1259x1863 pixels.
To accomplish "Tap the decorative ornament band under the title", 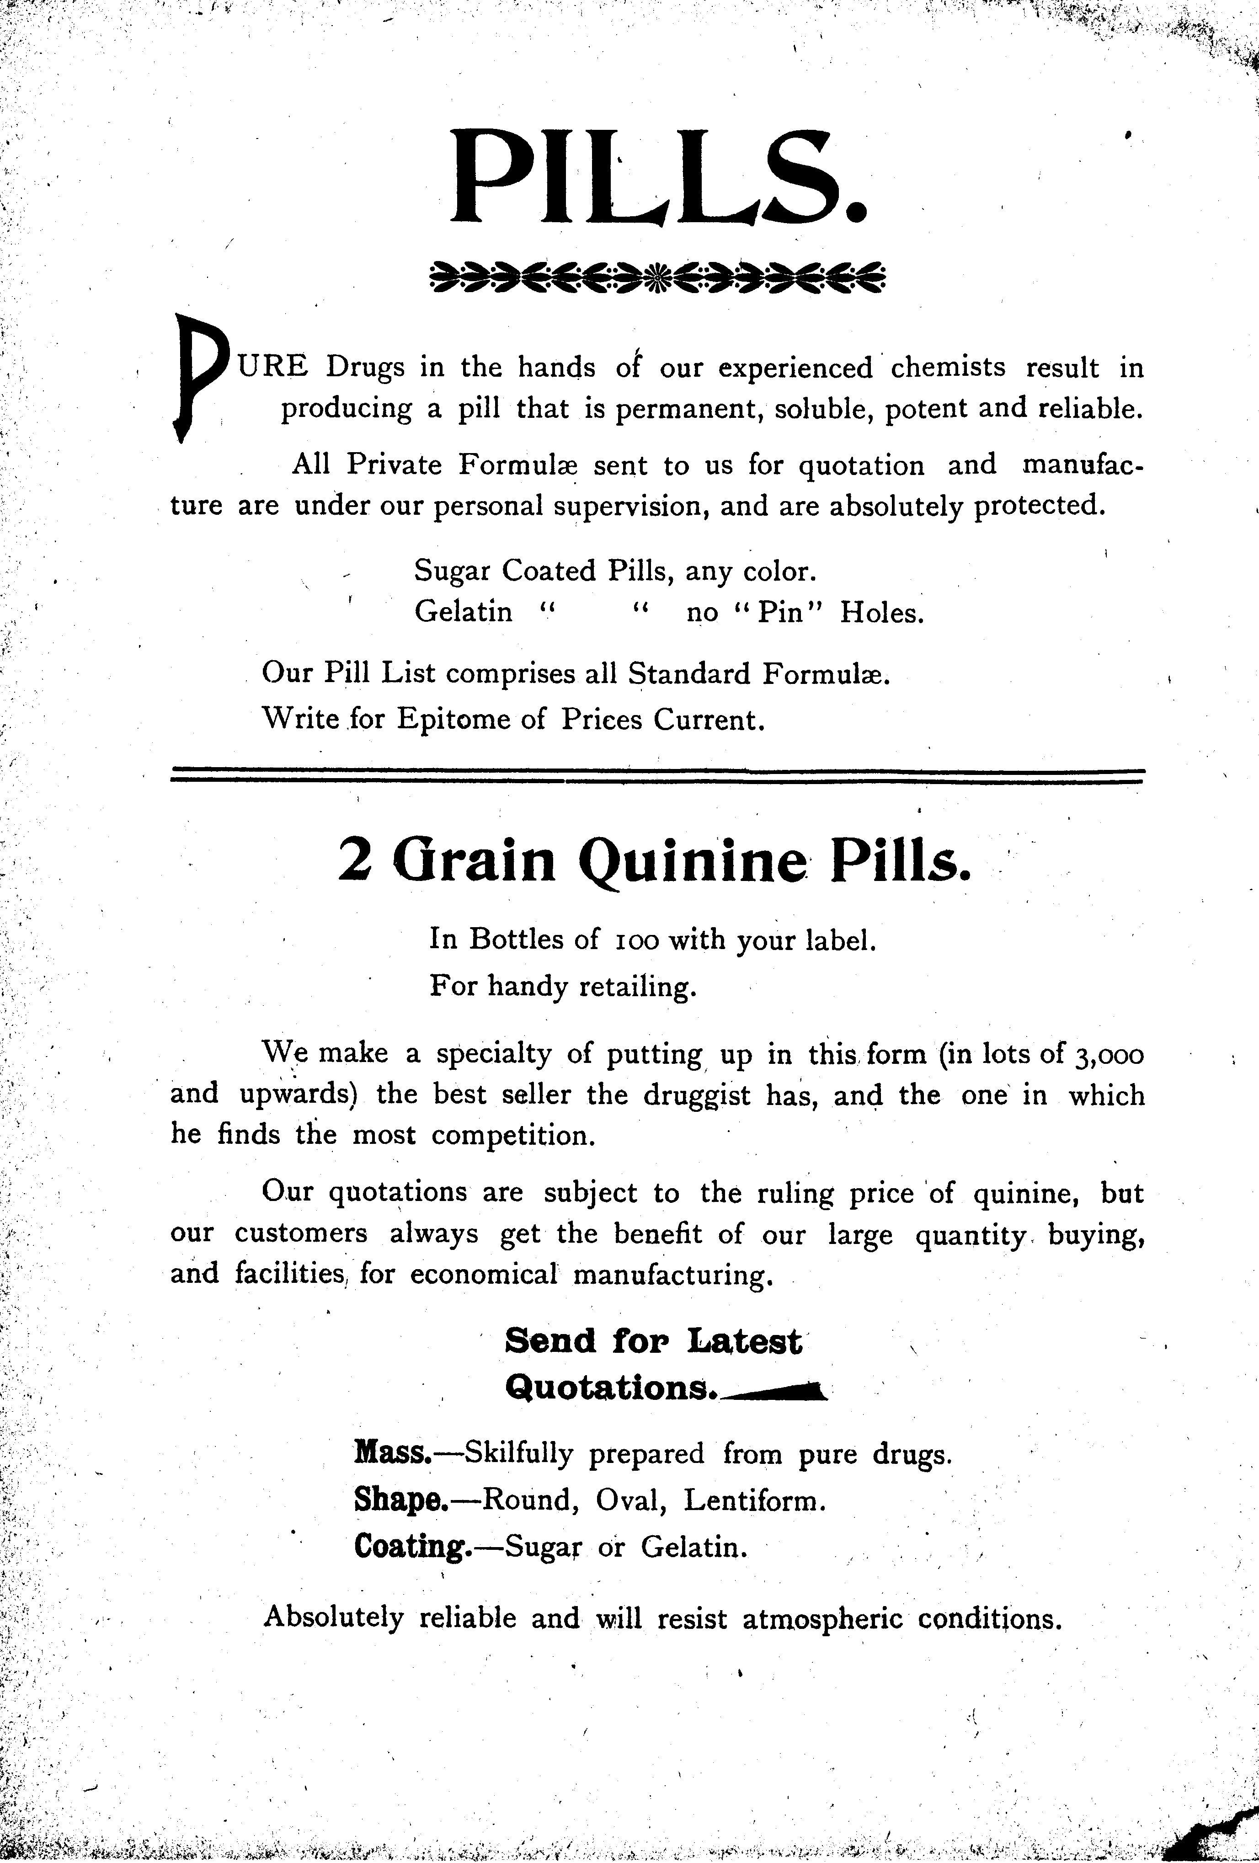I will click(x=657, y=278).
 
